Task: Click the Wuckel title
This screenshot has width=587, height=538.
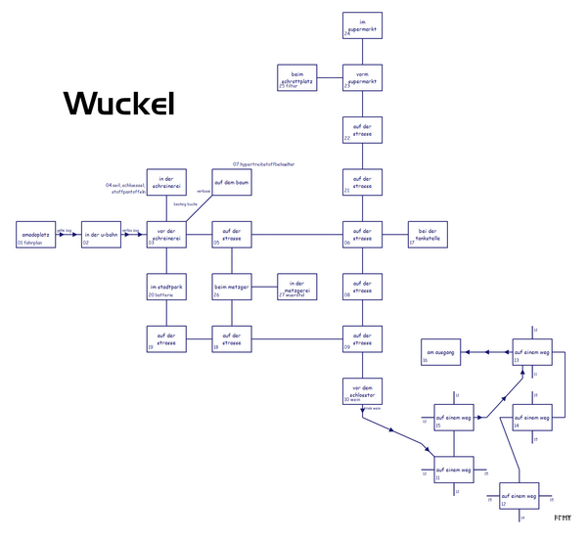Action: [118, 104]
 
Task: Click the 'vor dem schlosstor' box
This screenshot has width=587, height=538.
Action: [362, 390]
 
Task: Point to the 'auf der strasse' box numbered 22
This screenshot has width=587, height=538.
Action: [362, 130]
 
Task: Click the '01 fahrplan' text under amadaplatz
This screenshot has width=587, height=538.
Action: [37, 244]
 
